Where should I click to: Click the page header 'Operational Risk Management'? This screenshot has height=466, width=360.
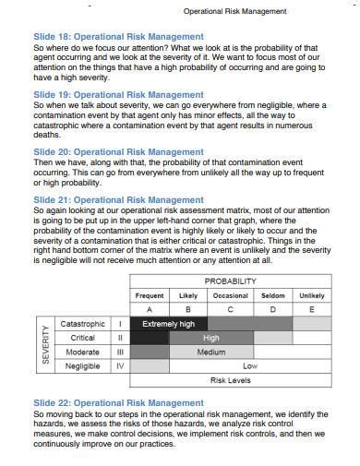[x=234, y=11]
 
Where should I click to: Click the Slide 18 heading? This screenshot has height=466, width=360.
[x=118, y=37]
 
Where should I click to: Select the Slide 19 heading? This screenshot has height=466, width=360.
[x=118, y=94]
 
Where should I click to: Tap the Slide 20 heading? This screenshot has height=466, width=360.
[x=118, y=151]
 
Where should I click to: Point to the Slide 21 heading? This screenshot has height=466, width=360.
[x=118, y=198]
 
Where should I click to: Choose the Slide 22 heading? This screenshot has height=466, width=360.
[x=118, y=402]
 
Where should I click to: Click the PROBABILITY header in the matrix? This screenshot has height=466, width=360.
[x=230, y=281]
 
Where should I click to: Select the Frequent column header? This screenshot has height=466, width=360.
[x=150, y=295]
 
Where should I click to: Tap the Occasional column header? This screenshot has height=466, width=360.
[x=230, y=295]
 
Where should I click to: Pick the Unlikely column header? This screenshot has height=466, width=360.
[x=311, y=295]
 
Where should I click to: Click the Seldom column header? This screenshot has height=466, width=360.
[x=272, y=295]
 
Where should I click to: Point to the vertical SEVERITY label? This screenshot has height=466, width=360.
[x=44, y=344]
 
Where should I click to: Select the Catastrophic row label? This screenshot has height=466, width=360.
[x=83, y=324]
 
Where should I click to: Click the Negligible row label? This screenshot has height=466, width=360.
[x=83, y=365]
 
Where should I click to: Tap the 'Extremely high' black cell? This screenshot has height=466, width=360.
[x=168, y=324]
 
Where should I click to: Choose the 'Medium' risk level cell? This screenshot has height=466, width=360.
[x=211, y=352]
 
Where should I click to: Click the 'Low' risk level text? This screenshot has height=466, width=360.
[x=249, y=365]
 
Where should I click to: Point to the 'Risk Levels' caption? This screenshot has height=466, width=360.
[x=230, y=379]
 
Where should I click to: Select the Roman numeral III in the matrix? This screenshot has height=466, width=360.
[x=120, y=352]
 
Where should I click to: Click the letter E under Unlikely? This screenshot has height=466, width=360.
[x=311, y=309]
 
